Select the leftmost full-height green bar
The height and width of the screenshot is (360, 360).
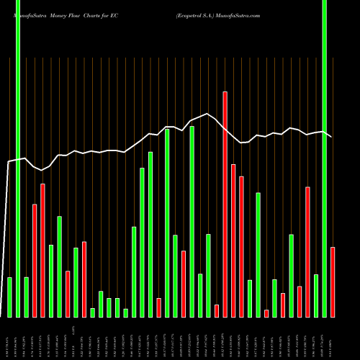pos(18,158)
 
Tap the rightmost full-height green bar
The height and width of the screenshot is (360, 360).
pos(325,158)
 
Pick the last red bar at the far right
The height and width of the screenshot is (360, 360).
pos(333,282)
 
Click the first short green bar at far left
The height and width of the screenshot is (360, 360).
pos(9,297)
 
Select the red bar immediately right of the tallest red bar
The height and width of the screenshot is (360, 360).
pos(233,240)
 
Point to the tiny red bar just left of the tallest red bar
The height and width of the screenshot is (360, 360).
pos(217,310)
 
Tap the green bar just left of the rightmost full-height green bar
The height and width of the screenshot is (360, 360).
pos(316,295)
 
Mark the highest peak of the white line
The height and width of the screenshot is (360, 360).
pos(208,114)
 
